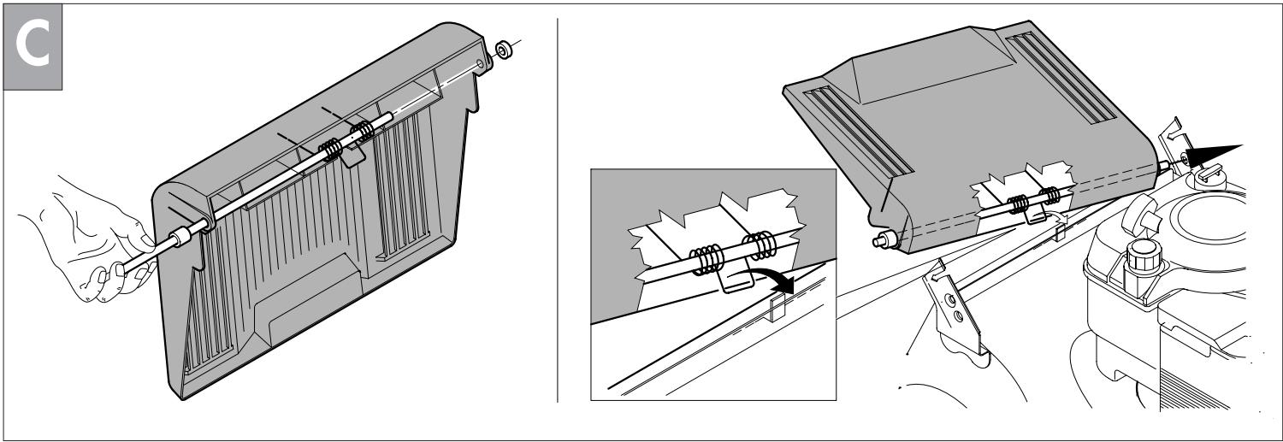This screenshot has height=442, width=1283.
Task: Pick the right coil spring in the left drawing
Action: coord(366,132)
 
